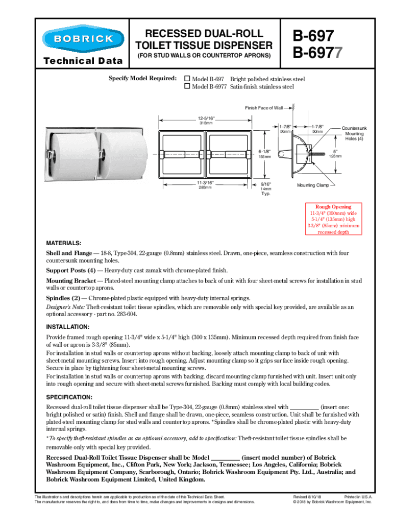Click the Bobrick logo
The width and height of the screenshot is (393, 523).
click(x=83, y=39)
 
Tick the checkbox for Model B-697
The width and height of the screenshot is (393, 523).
click(x=187, y=79)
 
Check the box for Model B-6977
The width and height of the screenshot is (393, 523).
click(x=187, y=86)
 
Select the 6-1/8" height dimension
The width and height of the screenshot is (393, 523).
click(x=264, y=152)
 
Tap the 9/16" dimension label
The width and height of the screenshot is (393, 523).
click(x=265, y=183)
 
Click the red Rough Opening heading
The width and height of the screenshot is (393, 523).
click(x=333, y=207)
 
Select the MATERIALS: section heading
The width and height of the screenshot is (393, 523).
click(x=63, y=243)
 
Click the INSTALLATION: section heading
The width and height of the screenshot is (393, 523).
click(x=68, y=326)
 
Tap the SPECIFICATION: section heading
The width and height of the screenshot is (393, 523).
click(x=69, y=397)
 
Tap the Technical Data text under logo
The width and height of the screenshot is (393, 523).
click(x=83, y=61)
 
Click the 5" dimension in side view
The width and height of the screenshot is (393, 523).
click(x=335, y=151)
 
